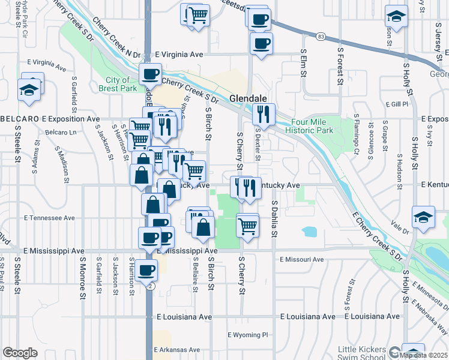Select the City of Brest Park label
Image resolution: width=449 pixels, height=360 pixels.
pyautogui.click(x=118, y=83)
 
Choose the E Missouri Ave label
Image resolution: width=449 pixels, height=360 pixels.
pyautogui.click(x=302, y=260)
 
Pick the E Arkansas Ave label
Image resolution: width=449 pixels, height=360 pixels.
pyautogui.click(x=176, y=349)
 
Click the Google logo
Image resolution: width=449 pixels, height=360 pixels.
pyautogui.click(x=20, y=353)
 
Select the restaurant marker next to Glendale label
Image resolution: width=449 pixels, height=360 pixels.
pyautogui.click(x=264, y=113)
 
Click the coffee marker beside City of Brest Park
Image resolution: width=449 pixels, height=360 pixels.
pyautogui.click(x=150, y=74)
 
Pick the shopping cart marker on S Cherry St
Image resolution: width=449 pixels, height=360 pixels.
pyautogui.click(x=247, y=226)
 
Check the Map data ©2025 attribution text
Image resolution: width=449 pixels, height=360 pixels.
pyautogui.click(x=424, y=355)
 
